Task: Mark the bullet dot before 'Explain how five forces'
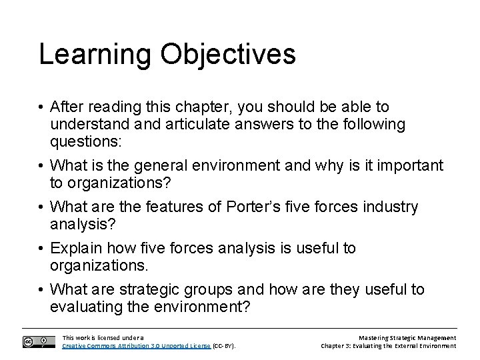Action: pyautogui.click(x=43, y=249)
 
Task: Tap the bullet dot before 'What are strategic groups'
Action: pyautogui.click(x=43, y=290)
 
